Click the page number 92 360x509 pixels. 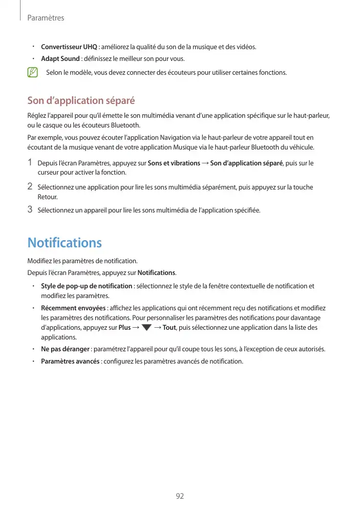[180, 496]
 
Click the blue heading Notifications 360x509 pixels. [65, 242]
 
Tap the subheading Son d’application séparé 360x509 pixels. [81, 100]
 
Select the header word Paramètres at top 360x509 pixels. [46, 18]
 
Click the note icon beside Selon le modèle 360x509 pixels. [33, 72]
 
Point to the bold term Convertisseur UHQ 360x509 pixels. [69, 47]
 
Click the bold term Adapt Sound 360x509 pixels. [60, 59]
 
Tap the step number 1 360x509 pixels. [30, 162]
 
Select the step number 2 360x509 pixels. [30, 186]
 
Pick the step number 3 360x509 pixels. [30, 209]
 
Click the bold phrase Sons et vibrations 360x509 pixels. [174, 163]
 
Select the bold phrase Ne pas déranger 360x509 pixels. [66, 349]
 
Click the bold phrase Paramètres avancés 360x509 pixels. [70, 362]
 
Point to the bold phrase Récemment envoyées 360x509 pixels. [73, 308]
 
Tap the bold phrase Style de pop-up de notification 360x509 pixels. [87, 286]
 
